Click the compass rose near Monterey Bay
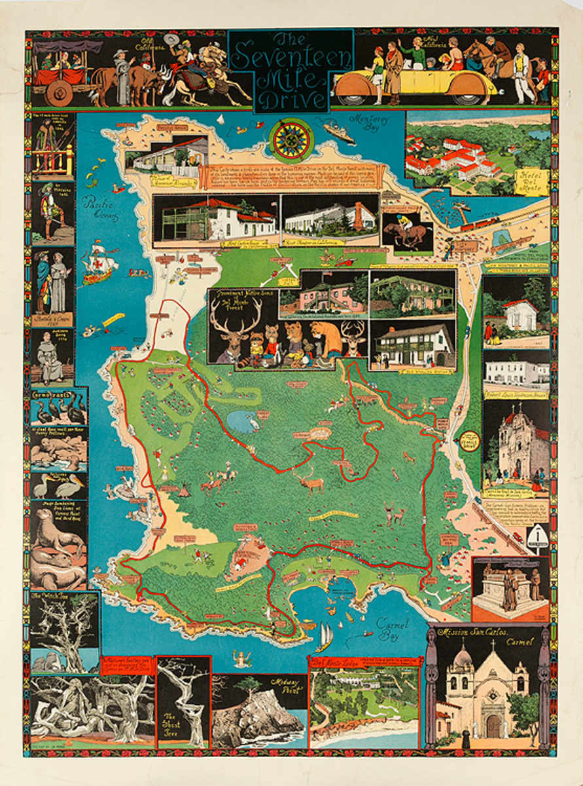[x=289, y=140]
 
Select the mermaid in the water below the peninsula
[x=243, y=659]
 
